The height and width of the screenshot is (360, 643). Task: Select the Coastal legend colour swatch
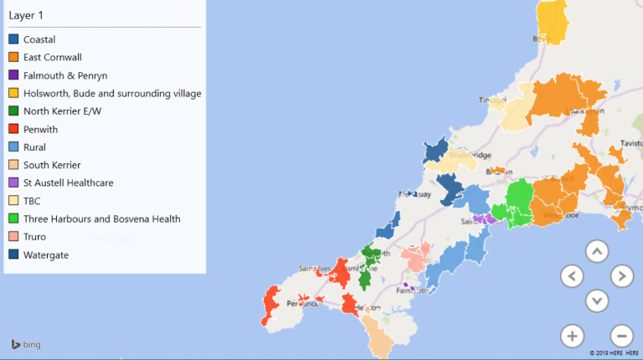tap(13, 39)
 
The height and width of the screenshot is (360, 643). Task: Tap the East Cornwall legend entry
tap(52, 57)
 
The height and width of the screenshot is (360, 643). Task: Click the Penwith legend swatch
tap(13, 129)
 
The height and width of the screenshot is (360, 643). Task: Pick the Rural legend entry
tap(34, 147)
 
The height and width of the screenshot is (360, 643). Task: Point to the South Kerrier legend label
tap(52, 165)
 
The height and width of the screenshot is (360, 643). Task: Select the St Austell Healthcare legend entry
tap(68, 183)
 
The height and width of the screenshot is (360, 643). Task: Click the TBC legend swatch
tap(13, 201)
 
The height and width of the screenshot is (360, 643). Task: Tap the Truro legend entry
tap(34, 237)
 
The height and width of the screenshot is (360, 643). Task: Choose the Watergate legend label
tap(46, 255)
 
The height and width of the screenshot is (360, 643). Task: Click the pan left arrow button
tap(572, 275)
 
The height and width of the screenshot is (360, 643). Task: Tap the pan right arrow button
tap(621, 275)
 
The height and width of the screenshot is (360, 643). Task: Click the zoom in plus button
tap(572, 336)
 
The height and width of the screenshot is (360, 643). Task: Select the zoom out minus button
tap(621, 336)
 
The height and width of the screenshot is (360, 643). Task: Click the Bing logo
tap(25, 344)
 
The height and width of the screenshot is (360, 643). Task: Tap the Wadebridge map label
tap(468, 154)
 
